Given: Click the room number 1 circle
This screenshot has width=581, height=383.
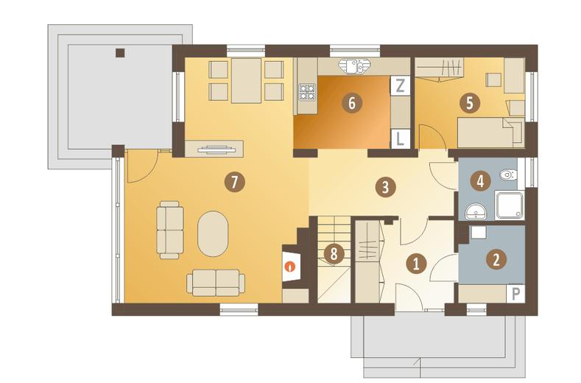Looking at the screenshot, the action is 416,264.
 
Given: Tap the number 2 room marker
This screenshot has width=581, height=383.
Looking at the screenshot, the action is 496,259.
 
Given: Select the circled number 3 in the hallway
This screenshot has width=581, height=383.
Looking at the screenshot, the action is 385,186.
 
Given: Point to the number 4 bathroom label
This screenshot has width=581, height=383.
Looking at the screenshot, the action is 480,181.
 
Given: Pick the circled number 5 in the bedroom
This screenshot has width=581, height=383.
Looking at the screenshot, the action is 470,102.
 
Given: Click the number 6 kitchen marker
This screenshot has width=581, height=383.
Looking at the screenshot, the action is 352,102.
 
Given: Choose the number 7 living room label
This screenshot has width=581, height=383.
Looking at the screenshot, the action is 234,182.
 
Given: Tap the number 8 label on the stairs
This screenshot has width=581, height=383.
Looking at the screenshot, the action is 334,254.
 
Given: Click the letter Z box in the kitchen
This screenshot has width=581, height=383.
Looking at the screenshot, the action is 400,85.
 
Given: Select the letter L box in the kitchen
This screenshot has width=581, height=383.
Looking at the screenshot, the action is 400,138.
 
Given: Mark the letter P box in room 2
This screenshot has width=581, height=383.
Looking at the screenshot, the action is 515,294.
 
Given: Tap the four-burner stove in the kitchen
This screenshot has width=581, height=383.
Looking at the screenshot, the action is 307,92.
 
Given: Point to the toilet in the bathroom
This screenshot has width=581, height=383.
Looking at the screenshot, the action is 508,175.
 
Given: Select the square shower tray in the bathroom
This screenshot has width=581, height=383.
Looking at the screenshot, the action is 509,205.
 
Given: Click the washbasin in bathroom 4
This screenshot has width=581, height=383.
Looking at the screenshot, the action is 476,211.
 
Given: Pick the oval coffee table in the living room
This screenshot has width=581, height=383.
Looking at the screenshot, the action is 213,233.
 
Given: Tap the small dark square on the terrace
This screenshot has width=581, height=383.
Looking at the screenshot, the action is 120,53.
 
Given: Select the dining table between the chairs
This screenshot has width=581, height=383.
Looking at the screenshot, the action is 246,80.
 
